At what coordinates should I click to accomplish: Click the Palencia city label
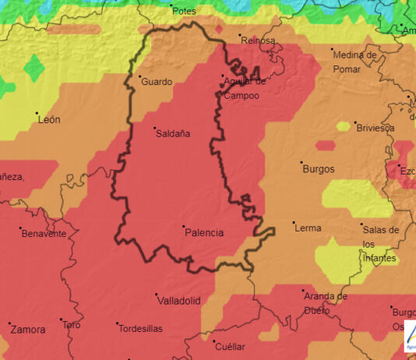point(205,232)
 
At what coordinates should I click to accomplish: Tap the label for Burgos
point(318,168)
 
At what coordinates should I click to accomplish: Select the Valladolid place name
point(179,300)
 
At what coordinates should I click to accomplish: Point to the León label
point(49,119)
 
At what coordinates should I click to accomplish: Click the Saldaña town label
point(174,133)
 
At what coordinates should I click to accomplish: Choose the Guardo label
point(157,81)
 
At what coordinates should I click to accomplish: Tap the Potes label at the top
point(184,11)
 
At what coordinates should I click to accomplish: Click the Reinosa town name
point(259,40)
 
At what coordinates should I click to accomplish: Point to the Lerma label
point(308,228)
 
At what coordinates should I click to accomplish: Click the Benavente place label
point(44,234)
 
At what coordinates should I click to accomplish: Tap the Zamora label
point(29,330)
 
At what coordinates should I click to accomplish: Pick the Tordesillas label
point(140,329)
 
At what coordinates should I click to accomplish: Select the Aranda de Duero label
point(326,303)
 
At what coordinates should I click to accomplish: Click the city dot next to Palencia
point(183,227)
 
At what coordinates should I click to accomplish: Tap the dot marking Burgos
point(301,163)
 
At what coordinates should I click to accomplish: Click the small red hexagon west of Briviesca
point(325,146)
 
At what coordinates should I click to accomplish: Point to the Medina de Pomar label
point(354,61)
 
